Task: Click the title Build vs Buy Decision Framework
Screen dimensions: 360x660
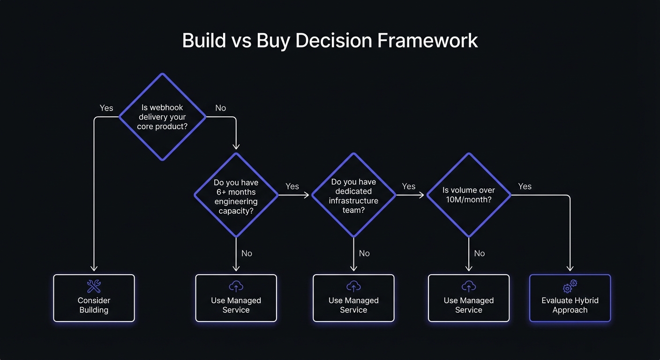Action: (x=330, y=41)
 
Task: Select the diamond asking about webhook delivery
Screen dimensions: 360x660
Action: (x=162, y=117)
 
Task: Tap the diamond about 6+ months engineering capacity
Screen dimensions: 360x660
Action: (x=236, y=195)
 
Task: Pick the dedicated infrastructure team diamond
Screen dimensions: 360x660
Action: (x=353, y=195)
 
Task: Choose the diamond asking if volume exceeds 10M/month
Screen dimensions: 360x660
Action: (x=468, y=195)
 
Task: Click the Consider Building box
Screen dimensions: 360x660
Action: (x=94, y=298)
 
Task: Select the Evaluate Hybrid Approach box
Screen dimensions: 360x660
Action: (x=570, y=298)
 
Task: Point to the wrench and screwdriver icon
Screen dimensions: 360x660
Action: (x=94, y=286)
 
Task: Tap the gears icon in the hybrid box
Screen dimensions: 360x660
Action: (x=570, y=286)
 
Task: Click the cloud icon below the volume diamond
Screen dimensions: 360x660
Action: (x=469, y=286)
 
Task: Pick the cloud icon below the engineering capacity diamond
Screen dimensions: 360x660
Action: (x=236, y=286)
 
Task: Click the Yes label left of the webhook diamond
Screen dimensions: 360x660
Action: (x=106, y=108)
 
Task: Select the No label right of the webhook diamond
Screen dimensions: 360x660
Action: (x=220, y=108)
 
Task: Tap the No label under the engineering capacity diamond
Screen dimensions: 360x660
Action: (x=247, y=253)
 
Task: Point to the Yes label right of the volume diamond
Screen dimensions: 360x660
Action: (x=525, y=186)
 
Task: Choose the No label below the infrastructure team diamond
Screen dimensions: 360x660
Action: (x=364, y=253)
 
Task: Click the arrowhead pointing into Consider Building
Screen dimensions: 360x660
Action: (x=94, y=268)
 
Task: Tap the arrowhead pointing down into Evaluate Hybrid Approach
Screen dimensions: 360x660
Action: (x=570, y=268)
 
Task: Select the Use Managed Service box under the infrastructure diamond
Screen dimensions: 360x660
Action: (x=353, y=298)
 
